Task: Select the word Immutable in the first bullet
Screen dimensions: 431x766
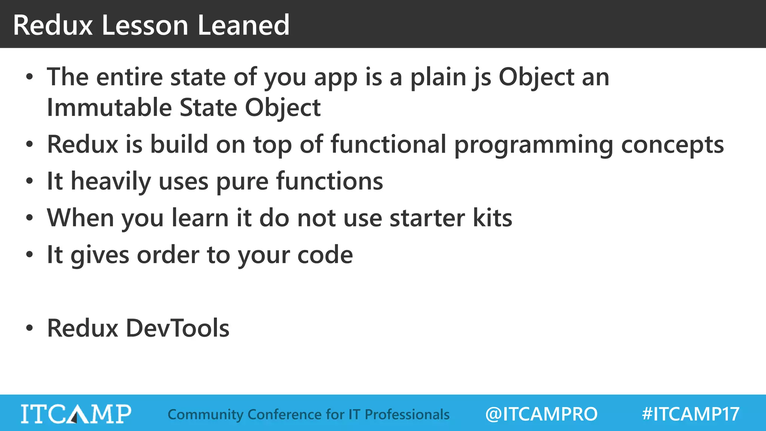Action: tap(109, 108)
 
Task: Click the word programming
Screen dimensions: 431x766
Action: tap(533, 145)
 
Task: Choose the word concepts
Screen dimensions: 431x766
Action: tap(672, 145)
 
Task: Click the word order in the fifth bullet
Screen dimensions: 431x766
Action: tap(168, 255)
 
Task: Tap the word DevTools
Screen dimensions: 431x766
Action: tap(177, 328)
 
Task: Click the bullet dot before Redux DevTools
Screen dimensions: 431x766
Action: tap(30, 328)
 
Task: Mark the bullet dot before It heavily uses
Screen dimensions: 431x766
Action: tap(30, 181)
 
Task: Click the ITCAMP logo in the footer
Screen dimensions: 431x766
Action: tap(76, 414)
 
